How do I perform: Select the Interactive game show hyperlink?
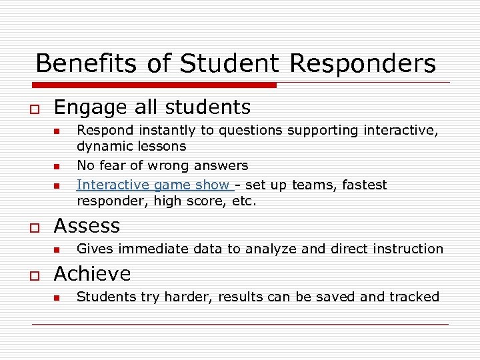coord(155,185)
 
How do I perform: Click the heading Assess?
coord(87,225)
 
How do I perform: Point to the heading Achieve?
coord(92,273)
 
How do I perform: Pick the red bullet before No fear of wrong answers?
coord(57,167)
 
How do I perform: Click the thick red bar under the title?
coord(153,85)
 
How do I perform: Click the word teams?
coord(314,185)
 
